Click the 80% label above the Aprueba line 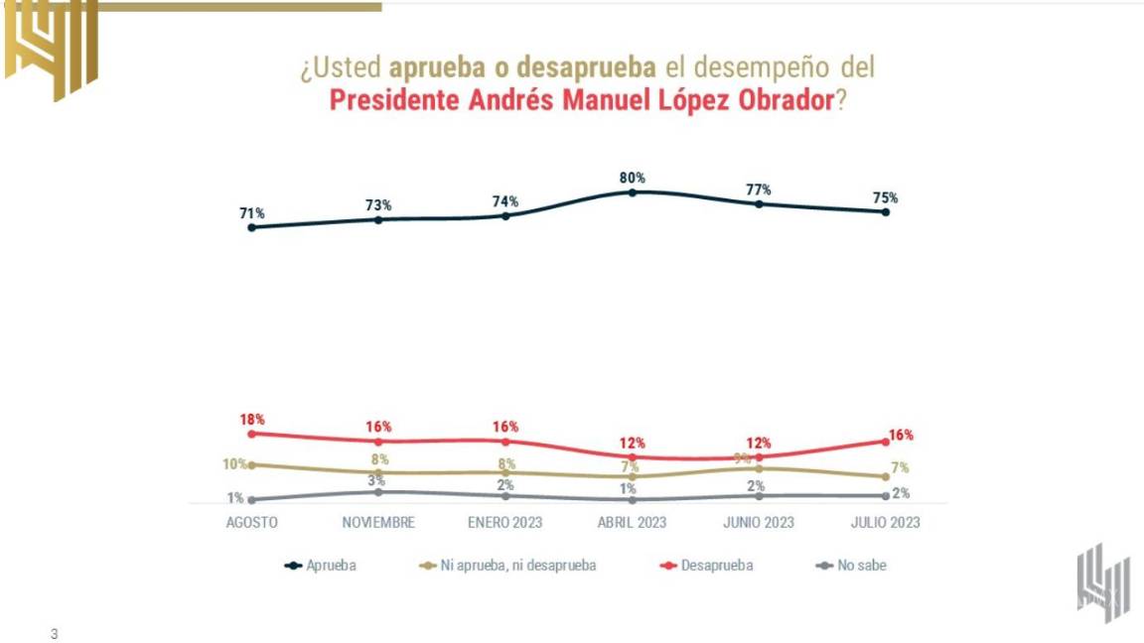coord(633,179)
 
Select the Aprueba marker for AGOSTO coord(251,227)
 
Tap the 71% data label coord(251,213)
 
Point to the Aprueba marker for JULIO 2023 coord(886,211)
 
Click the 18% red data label coord(251,420)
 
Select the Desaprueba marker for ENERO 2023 coord(505,441)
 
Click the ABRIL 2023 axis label coord(633,523)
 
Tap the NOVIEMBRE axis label coord(378,523)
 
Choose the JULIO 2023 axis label coord(886,523)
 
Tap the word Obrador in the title coord(782,100)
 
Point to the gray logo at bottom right coord(1103,583)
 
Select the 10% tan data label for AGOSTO coord(234,464)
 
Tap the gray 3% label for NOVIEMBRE coord(378,480)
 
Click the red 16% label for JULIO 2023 coord(902,436)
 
